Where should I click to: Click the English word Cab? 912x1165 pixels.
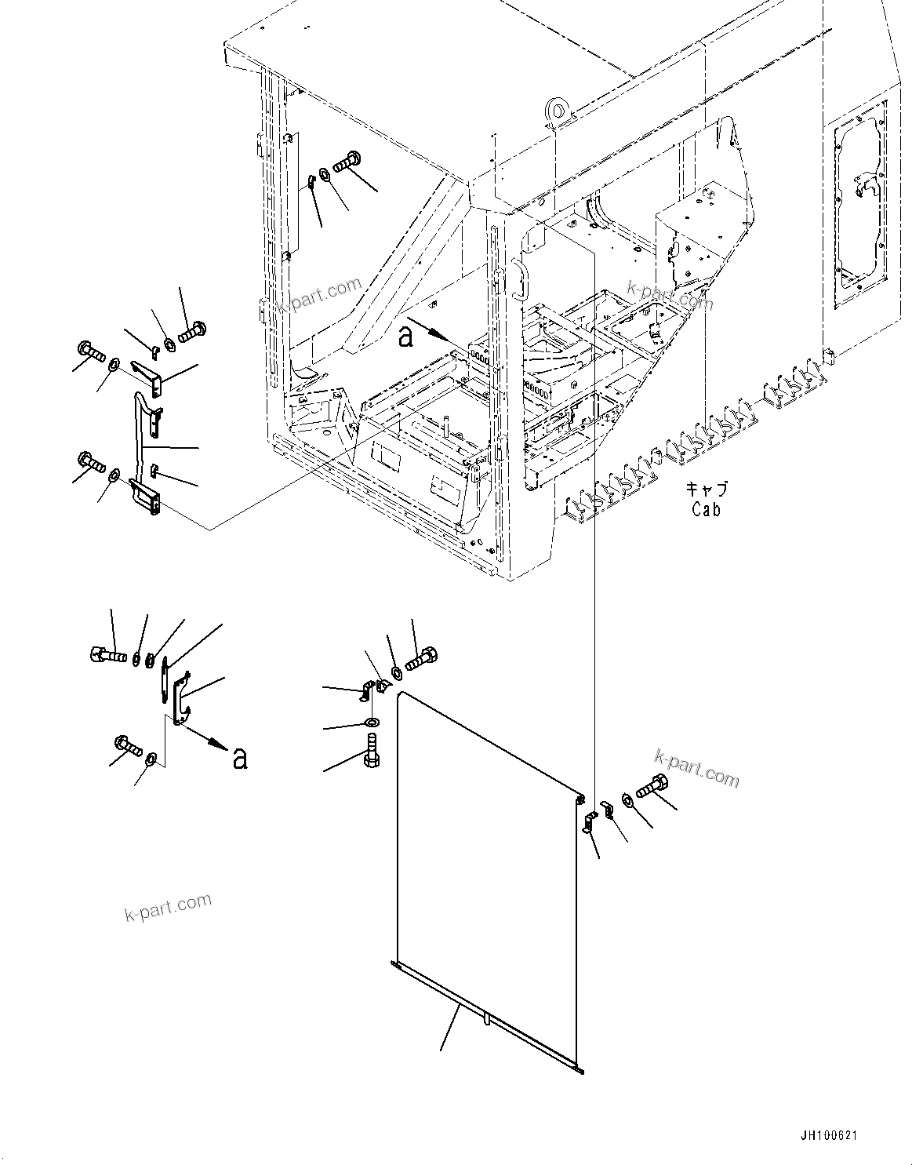pos(707,509)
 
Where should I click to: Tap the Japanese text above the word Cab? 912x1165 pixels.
pos(707,489)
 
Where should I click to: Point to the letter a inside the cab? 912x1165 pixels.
pos(405,337)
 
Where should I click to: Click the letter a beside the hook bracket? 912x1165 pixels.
pos(241,758)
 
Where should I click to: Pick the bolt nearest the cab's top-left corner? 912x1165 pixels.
pos(345,163)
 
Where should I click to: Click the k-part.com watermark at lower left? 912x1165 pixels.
pos(168,908)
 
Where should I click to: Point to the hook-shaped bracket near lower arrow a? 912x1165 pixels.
pos(182,694)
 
